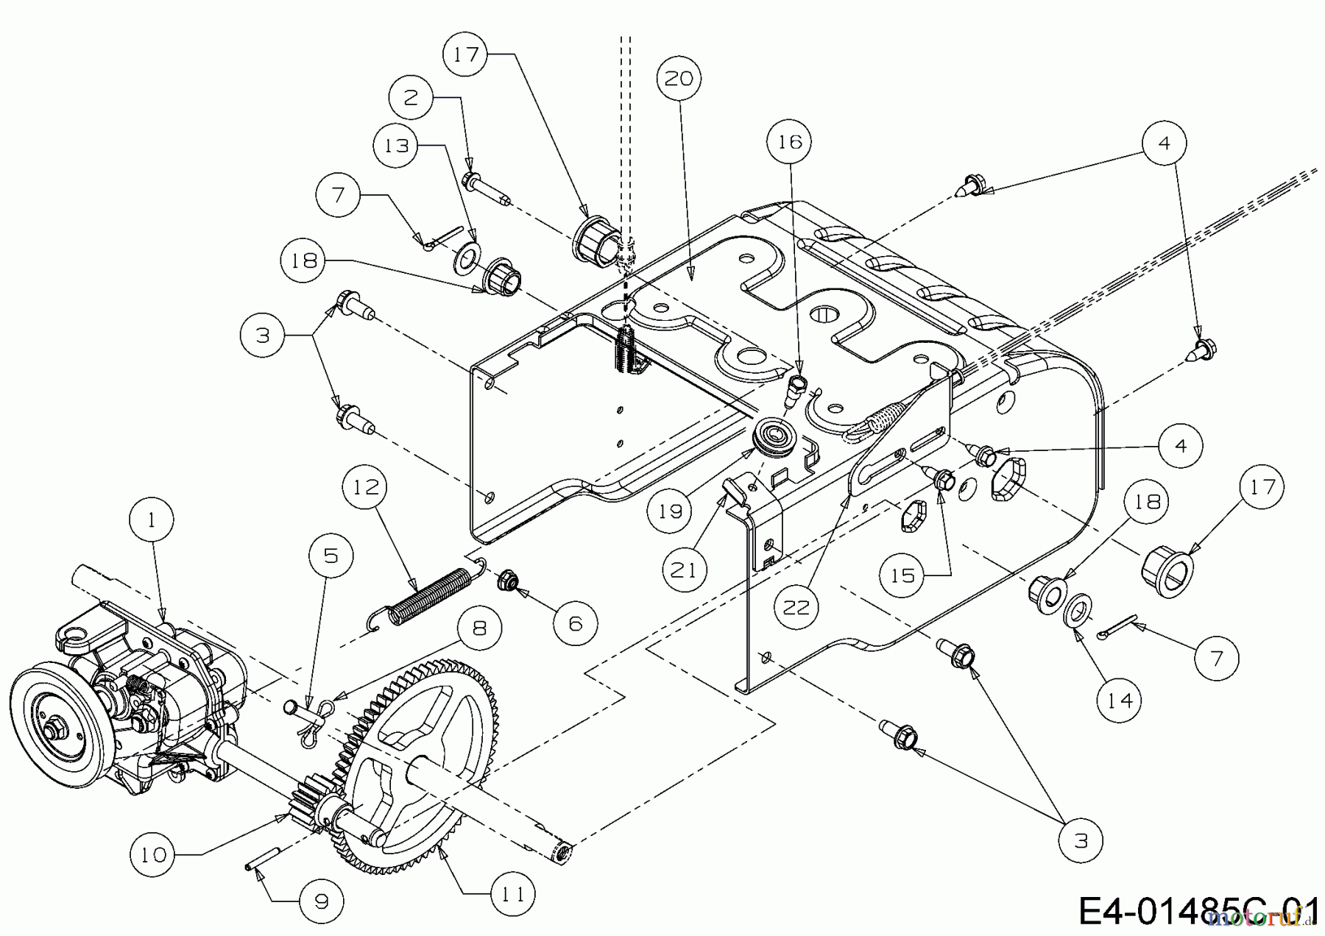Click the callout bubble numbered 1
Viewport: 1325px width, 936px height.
tap(152, 521)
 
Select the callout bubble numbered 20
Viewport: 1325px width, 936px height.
tap(679, 78)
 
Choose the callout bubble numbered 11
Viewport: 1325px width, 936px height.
tap(513, 894)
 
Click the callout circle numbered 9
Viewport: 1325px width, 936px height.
tap(322, 900)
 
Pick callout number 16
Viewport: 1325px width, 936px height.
tap(790, 141)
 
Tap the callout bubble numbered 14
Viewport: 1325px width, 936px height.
tap(1120, 699)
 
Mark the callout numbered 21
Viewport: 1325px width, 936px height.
tap(684, 570)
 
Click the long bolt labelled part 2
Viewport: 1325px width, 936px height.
tap(485, 187)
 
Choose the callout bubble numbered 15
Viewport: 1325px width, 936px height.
tap(902, 575)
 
